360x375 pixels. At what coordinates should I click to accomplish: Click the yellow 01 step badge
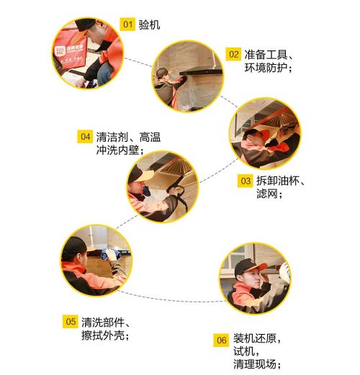[127, 24]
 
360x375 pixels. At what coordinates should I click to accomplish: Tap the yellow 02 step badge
[233, 54]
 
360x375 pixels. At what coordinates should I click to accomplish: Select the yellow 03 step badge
[246, 181]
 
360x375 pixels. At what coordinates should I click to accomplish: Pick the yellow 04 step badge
[85, 137]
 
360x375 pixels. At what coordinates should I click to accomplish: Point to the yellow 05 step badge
[71, 322]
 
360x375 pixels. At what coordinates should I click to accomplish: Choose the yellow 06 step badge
[221, 340]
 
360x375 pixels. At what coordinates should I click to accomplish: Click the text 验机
[149, 24]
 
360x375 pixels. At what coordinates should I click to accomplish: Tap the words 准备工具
[266, 55]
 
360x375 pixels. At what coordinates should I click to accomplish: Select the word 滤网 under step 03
[267, 194]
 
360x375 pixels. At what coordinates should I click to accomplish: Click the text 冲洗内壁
[117, 150]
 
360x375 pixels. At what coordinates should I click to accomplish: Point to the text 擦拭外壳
[103, 335]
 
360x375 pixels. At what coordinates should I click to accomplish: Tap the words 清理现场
[255, 363]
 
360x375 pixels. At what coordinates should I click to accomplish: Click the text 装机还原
[255, 338]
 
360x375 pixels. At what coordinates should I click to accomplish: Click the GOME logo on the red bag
[60, 50]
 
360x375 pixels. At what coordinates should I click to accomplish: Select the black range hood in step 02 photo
[201, 71]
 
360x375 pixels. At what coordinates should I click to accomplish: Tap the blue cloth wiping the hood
[109, 254]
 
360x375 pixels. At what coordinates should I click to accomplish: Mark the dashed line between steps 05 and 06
[171, 300]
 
